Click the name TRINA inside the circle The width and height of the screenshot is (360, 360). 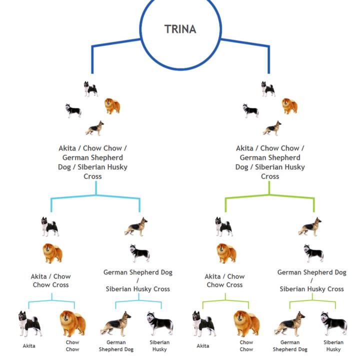pyautogui.click(x=180, y=29)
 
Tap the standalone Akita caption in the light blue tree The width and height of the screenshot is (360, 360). pyautogui.click(x=29, y=345)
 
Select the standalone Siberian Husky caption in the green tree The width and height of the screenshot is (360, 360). pyautogui.click(x=333, y=345)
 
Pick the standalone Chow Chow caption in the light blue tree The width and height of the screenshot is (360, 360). pyautogui.click(x=72, y=345)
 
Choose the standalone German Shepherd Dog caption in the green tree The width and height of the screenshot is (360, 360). pyautogui.click(x=290, y=345)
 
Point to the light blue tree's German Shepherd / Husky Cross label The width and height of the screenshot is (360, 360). pyautogui.click(x=138, y=280)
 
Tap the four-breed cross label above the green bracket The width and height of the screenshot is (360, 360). pyautogui.click(x=270, y=162)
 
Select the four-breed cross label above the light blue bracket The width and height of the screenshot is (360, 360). pyautogui.click(x=92, y=162)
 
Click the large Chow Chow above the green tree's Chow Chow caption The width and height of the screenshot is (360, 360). pyautogui.click(x=246, y=323)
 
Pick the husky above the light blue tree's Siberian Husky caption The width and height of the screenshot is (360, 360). pyautogui.click(x=160, y=323)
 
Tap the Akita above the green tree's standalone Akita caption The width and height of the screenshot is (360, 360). pyautogui.click(x=204, y=323)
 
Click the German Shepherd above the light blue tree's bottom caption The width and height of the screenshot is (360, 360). pyautogui.click(x=115, y=323)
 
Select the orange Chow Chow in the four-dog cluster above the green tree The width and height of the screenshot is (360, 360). pyautogui.click(x=289, y=106)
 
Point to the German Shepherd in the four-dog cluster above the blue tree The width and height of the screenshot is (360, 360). pyautogui.click(x=94, y=128)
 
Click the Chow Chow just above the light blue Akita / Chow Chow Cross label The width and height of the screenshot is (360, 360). pyautogui.click(x=52, y=253)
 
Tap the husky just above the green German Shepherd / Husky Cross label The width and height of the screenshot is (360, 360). pyautogui.click(x=313, y=253)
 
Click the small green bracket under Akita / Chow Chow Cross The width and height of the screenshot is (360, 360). pyautogui.click(x=225, y=302)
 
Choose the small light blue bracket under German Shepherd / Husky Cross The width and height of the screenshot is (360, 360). pyautogui.click(x=138, y=301)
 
